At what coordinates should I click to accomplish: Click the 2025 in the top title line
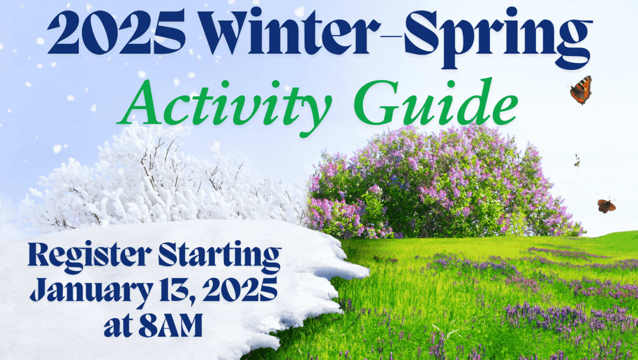[117, 32]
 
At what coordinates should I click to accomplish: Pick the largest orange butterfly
[581, 90]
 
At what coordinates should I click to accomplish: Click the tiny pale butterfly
[577, 161]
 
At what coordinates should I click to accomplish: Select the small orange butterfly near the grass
[606, 206]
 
